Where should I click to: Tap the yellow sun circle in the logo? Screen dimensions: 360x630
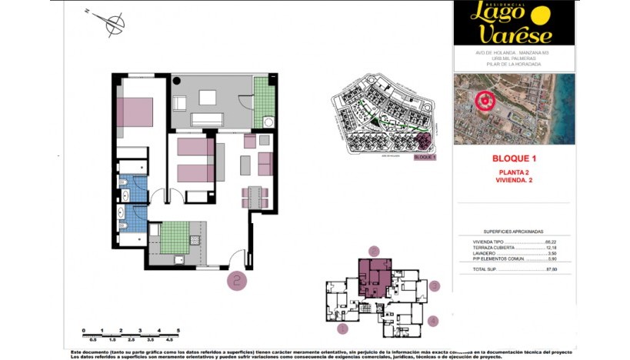pyautogui.click(x=542, y=15)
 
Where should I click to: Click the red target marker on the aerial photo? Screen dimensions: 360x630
pyautogui.click(x=485, y=101)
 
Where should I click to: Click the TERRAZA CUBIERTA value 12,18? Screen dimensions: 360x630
pyautogui.click(x=550, y=247)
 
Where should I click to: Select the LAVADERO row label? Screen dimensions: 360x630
pyautogui.click(x=486, y=253)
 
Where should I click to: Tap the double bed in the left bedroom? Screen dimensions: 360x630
pyautogui.click(x=135, y=112)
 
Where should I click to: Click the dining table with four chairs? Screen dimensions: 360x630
pyautogui.click(x=255, y=196)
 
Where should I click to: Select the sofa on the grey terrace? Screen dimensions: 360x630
pyautogui.click(x=207, y=118)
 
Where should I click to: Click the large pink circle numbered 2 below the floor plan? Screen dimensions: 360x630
pyautogui.click(x=237, y=281)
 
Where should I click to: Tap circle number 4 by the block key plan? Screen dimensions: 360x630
pyautogui.click(x=433, y=320)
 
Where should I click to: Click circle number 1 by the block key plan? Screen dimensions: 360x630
pyautogui.click(x=343, y=328)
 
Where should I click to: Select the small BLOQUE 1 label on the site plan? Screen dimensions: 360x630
pyautogui.click(x=425, y=157)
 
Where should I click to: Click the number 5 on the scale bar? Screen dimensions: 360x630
pyautogui.click(x=178, y=329)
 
